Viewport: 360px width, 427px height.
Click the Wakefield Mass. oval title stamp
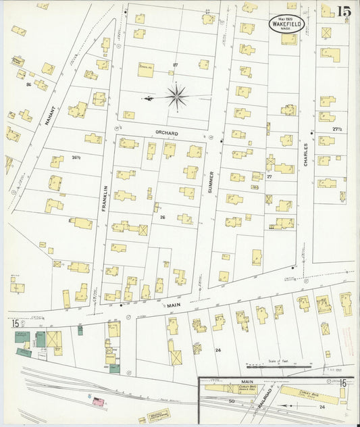tap(288, 22)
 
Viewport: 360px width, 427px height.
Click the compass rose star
tap(176, 97)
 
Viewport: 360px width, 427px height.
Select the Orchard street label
tap(167, 133)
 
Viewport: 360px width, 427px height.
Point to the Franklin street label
tap(105, 201)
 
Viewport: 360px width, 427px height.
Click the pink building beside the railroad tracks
tap(99, 402)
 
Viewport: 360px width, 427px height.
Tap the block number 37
tap(174, 65)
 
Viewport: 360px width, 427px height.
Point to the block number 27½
tap(338, 128)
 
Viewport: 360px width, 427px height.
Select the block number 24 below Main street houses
tap(217, 350)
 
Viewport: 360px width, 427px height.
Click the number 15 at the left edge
tap(16, 324)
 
